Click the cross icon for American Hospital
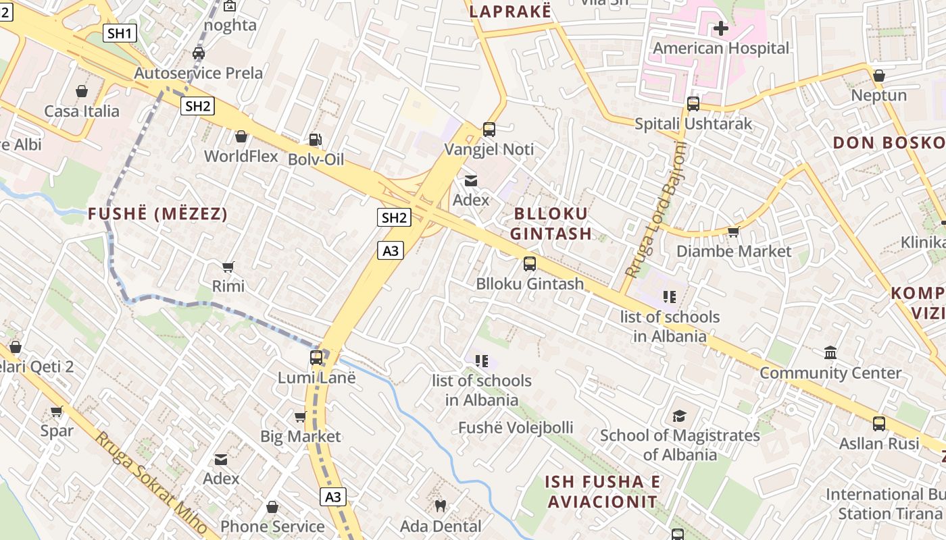[721, 28]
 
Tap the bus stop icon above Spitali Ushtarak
[693, 104]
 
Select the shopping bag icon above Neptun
[878, 76]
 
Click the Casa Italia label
[82, 111]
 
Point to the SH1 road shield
[120, 33]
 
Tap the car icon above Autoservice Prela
[199, 53]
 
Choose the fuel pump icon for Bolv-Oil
[315, 140]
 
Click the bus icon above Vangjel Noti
[489, 129]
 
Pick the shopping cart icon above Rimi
[228, 267]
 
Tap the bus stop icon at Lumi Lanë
[316, 358]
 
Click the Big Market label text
[301, 437]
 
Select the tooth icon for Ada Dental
[441, 506]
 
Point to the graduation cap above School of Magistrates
[679, 416]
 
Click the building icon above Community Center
[830, 353]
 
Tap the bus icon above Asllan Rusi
[878, 424]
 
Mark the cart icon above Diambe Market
[733, 232]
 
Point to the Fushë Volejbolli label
[516, 428]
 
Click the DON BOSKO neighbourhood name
[889, 143]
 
